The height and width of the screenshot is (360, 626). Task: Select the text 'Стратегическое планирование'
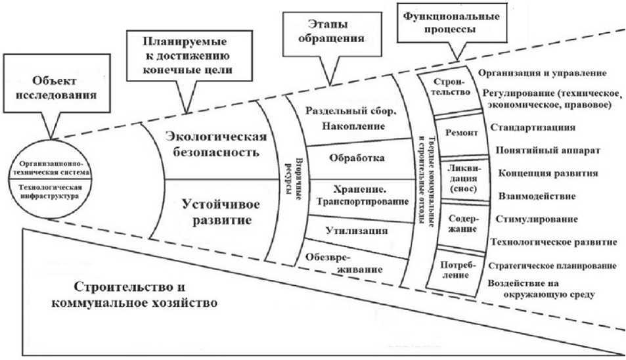pos(551,266)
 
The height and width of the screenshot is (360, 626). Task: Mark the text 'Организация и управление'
pos(541,74)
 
